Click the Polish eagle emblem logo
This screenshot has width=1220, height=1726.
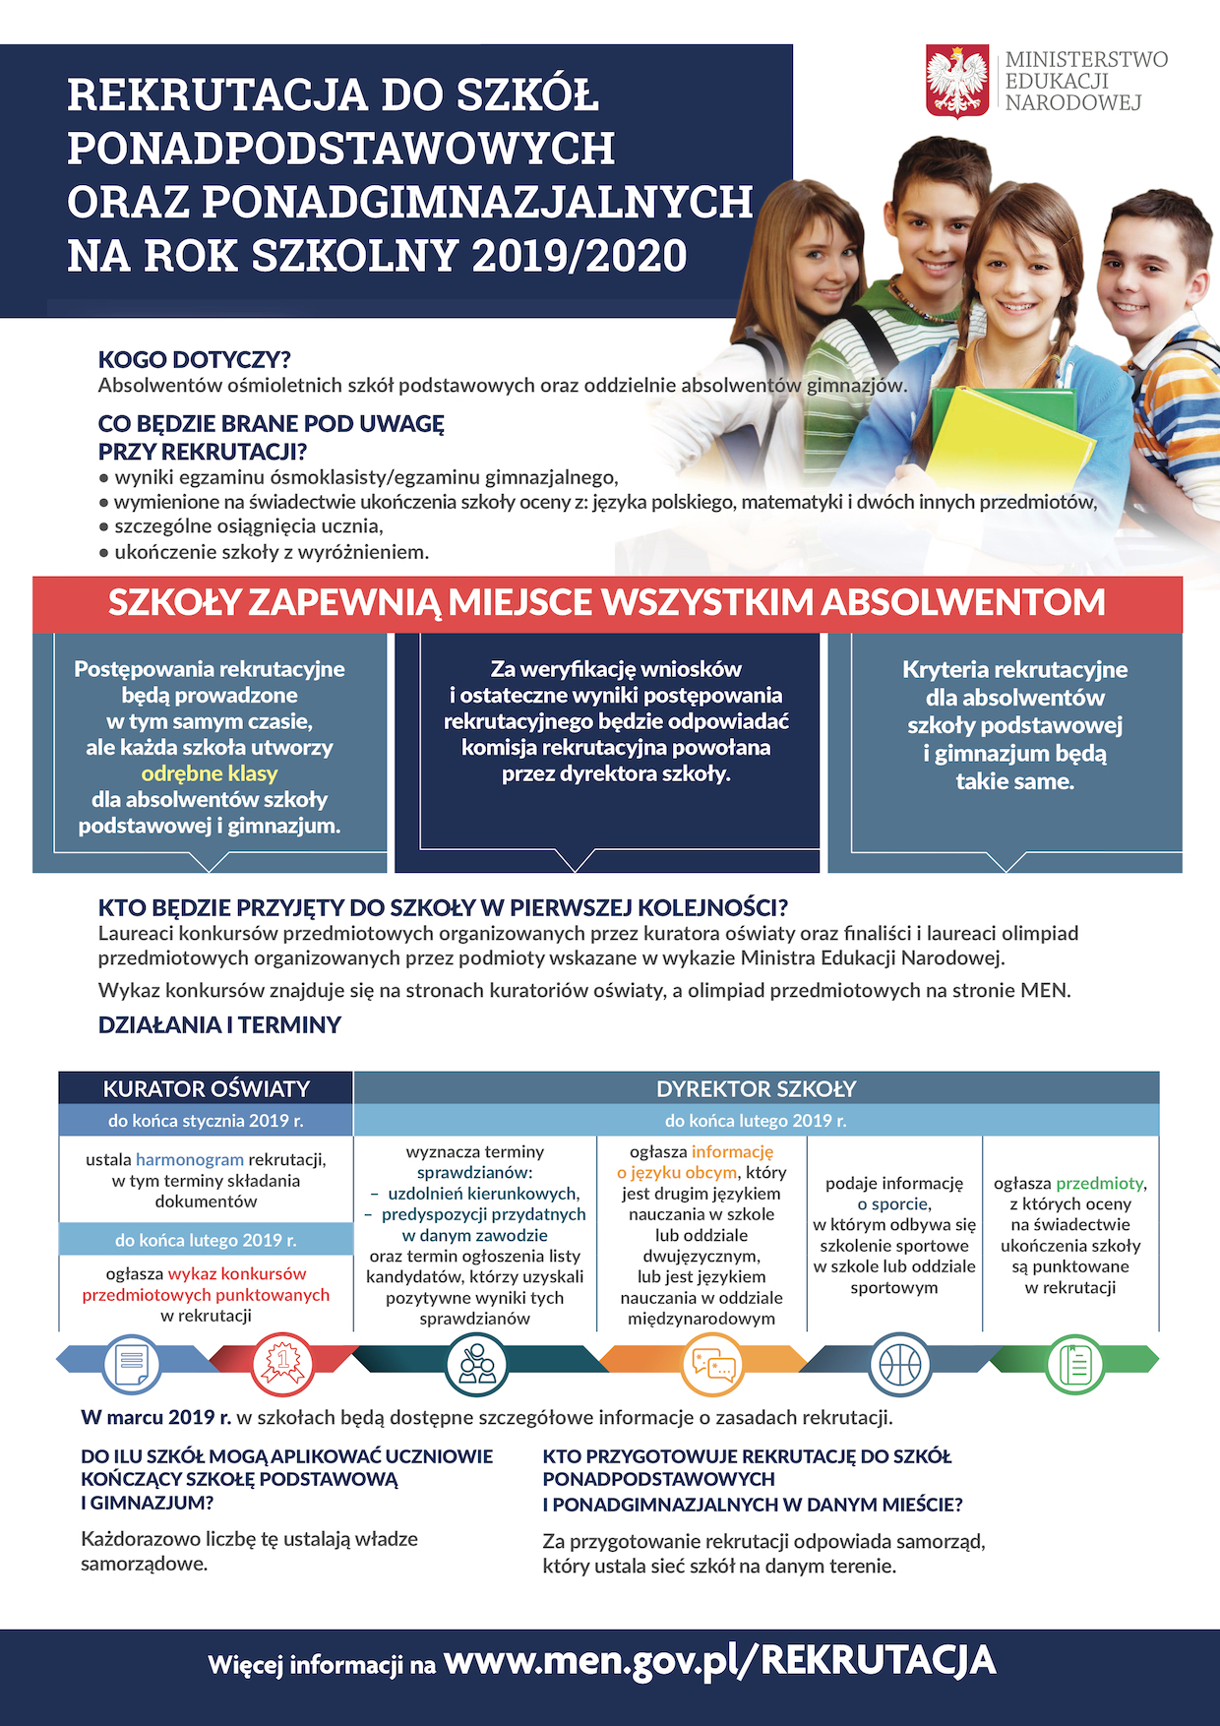(x=956, y=81)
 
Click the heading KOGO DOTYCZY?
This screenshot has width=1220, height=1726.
(x=194, y=359)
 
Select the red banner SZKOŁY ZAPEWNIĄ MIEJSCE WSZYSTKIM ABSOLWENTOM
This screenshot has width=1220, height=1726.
(x=607, y=602)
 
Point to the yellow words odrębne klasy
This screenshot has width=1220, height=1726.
(x=210, y=773)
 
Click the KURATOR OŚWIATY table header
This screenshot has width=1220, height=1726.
(x=206, y=1088)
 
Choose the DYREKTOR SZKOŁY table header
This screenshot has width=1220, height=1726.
(x=756, y=1088)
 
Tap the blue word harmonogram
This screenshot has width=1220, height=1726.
(x=190, y=1159)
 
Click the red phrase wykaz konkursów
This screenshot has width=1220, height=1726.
(x=237, y=1273)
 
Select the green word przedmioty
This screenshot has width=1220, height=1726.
(x=1099, y=1183)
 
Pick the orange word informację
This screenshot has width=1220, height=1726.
(x=732, y=1151)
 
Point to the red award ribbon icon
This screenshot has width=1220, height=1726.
(x=283, y=1363)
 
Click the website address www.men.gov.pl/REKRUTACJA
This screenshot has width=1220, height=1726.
(x=719, y=1661)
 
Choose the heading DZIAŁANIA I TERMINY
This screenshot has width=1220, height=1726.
(x=219, y=1024)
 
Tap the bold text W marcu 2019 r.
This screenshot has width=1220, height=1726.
(x=155, y=1417)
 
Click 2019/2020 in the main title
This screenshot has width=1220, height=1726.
(x=579, y=256)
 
